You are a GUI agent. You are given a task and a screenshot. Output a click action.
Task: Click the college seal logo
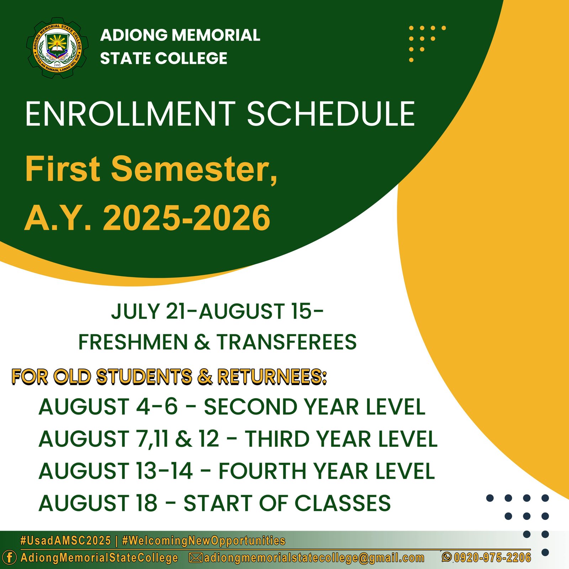coord(57,48)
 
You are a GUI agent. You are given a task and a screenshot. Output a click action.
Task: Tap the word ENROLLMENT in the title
coord(130,114)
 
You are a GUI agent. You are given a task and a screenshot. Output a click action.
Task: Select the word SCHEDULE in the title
coord(331,114)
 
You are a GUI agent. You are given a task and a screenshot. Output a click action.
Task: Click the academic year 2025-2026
coord(186,218)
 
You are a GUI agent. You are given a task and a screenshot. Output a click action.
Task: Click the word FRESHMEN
coord(133,342)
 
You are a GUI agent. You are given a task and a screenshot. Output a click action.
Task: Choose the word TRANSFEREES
coord(287,342)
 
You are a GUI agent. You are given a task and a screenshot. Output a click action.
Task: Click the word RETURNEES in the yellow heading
coord(272,377)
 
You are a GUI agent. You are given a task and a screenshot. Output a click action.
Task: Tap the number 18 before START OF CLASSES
coord(146,503)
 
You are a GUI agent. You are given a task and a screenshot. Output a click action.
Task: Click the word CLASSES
coord(343,503)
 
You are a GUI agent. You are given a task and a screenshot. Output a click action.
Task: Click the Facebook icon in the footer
coord(9,557)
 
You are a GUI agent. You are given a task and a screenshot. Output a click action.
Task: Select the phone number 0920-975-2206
coord(492,557)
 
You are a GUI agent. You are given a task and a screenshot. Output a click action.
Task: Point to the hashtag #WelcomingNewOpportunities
coord(203,541)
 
